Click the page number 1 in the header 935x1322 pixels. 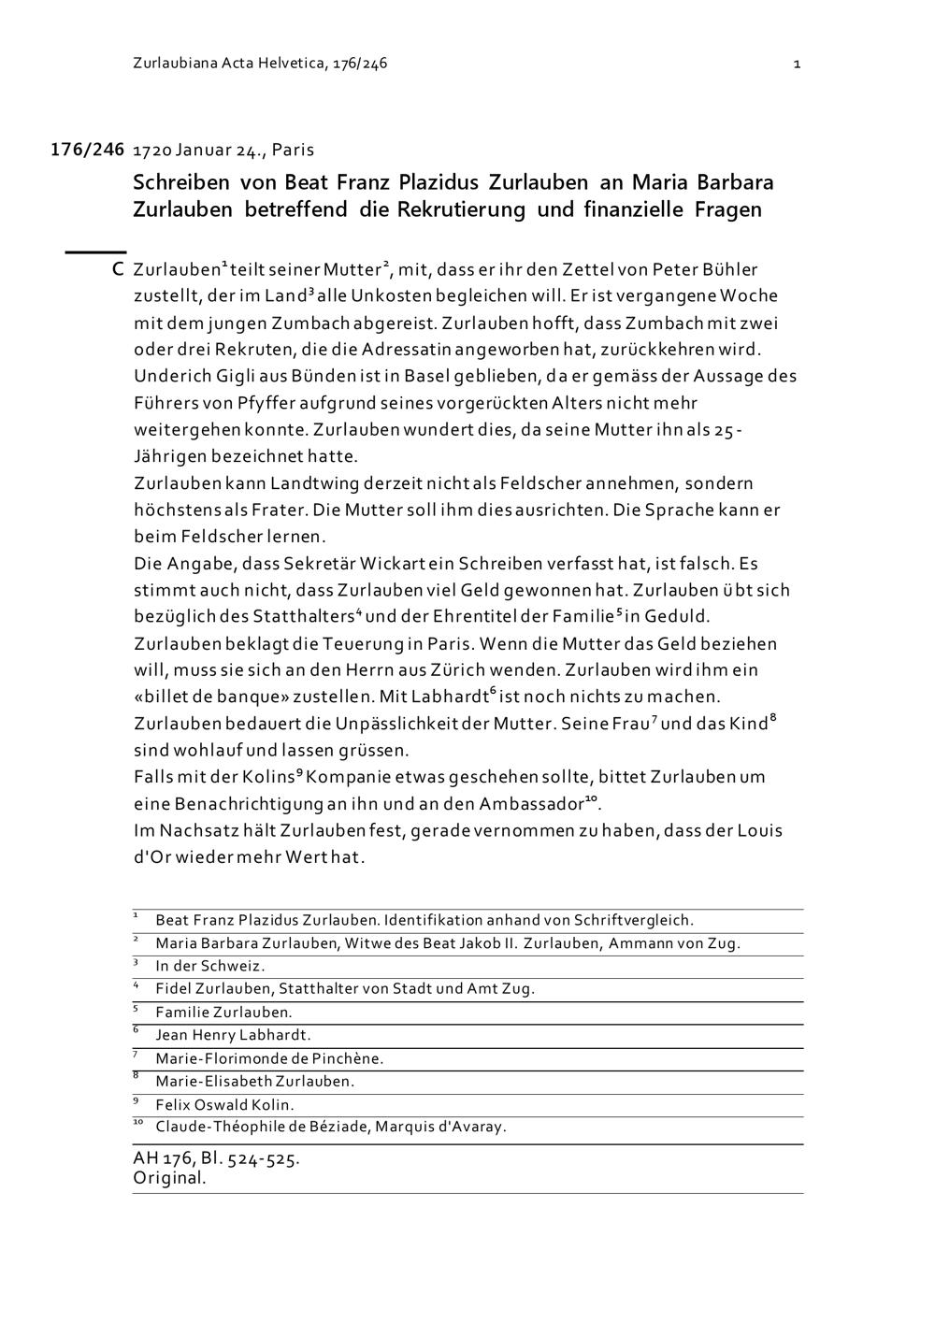pos(797,65)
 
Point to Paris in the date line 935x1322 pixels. pos(293,150)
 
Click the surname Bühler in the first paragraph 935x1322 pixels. pos(725,270)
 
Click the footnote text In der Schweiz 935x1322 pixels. pos(210,966)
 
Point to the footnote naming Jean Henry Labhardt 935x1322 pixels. pos(233,1035)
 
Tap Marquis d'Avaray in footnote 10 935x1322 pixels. pos(440,1127)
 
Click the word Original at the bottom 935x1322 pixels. pos(168,1178)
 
